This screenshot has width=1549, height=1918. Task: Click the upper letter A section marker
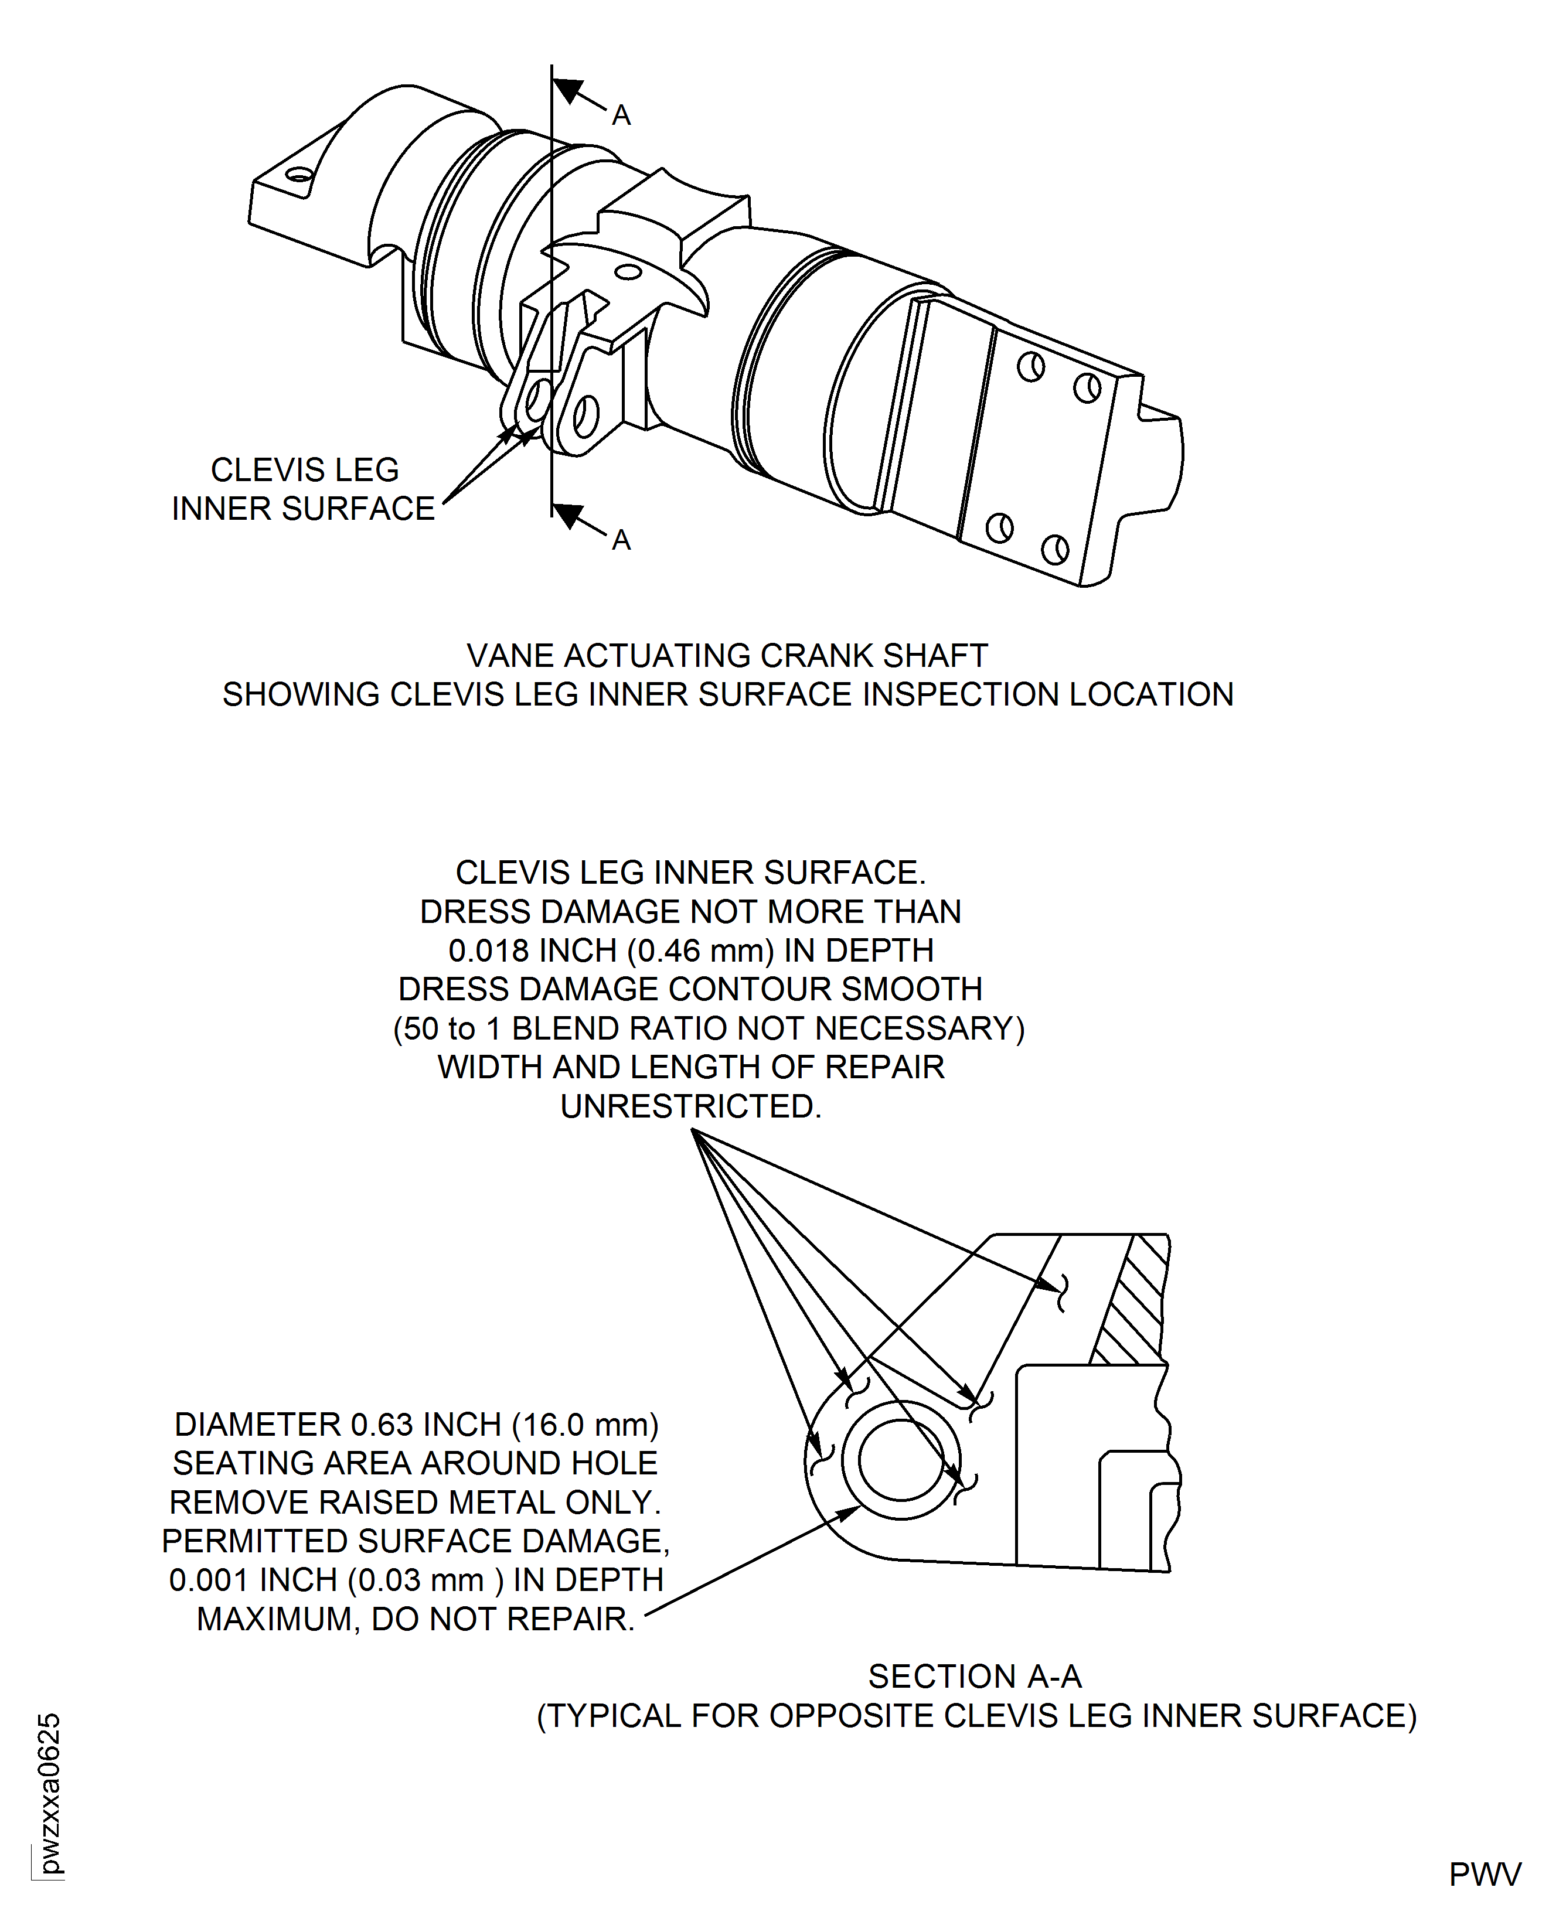coord(621,116)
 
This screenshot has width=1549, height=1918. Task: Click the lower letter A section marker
coord(621,541)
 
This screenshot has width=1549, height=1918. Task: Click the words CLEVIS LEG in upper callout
coord(304,470)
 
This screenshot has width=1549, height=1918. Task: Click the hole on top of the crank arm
coord(628,272)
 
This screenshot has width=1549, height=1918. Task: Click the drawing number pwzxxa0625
coord(50,1793)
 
